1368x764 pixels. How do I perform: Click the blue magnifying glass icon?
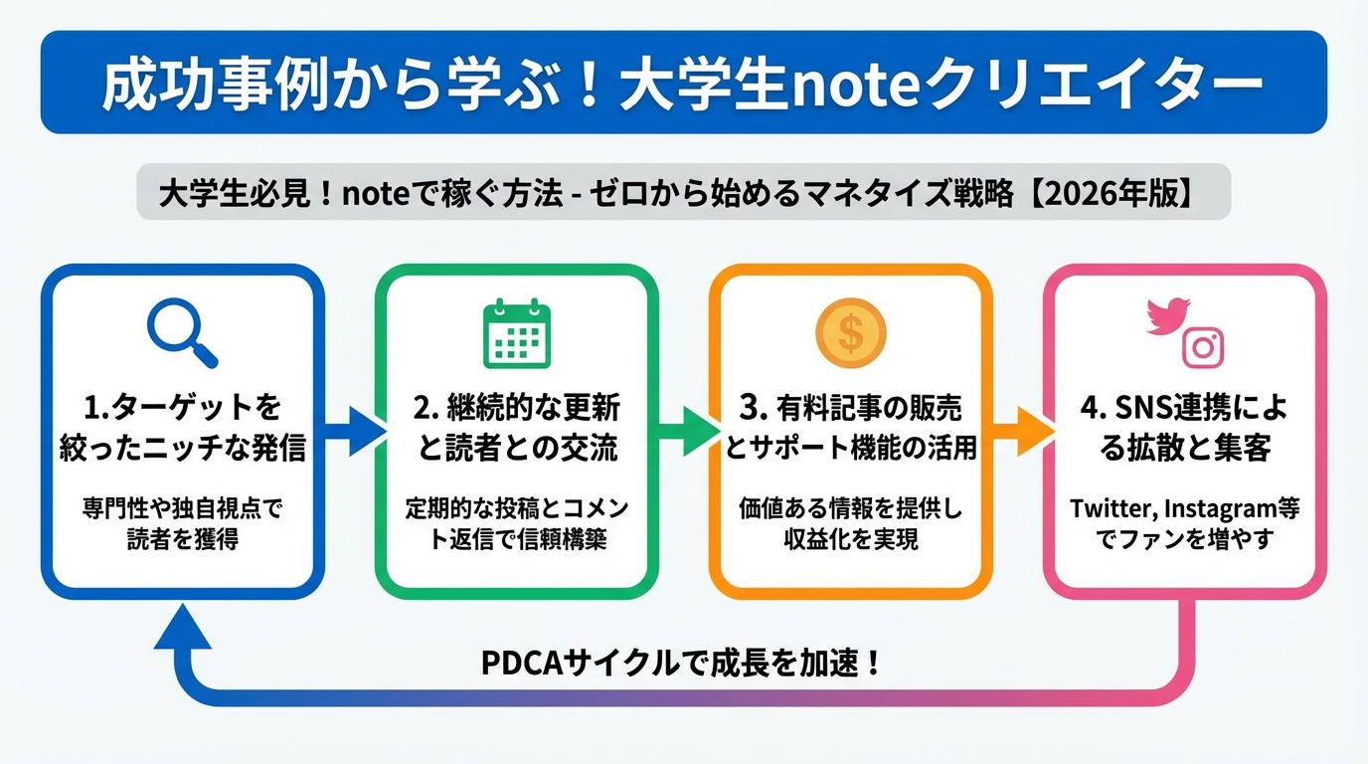click(x=181, y=332)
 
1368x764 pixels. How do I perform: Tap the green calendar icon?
click(x=516, y=332)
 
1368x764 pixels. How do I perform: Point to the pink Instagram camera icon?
click(x=1203, y=347)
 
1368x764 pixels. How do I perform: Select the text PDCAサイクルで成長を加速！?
click(x=681, y=663)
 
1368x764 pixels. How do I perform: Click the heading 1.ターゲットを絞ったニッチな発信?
click(x=182, y=428)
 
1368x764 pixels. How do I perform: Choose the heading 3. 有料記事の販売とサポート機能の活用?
click(x=851, y=428)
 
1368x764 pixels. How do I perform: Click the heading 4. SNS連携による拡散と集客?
click(x=1185, y=428)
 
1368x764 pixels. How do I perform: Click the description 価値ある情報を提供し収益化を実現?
click(x=851, y=523)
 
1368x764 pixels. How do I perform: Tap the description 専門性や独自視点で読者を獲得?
click(x=182, y=523)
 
